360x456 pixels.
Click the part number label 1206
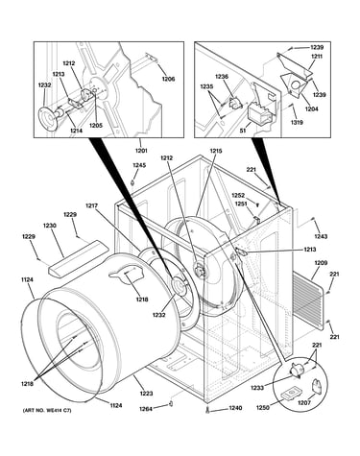[168, 79]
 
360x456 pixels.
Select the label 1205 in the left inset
[96, 126]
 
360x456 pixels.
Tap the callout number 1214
[76, 131]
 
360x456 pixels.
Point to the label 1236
[222, 77]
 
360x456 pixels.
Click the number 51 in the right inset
[243, 131]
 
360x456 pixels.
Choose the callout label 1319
[297, 122]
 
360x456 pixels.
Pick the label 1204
[312, 108]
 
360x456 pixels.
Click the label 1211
[316, 57]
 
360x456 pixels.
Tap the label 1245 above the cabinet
[139, 165]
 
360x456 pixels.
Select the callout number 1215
[216, 151]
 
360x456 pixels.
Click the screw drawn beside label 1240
[208, 410]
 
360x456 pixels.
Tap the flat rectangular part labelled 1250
[291, 393]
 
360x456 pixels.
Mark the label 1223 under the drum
[146, 394]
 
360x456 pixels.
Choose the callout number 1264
[146, 409]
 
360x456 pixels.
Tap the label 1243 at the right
[321, 236]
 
